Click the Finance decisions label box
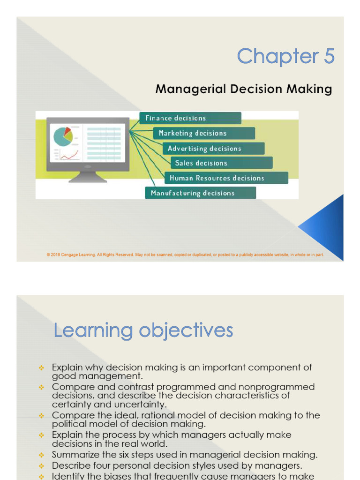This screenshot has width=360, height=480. point(190,118)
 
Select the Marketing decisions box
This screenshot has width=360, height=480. point(204,133)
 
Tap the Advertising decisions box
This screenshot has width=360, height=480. point(214,149)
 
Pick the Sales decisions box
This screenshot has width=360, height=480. point(221,163)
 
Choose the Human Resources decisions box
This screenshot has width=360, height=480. point(226,178)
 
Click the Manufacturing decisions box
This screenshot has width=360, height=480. point(200,193)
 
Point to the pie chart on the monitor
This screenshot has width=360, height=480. point(63,136)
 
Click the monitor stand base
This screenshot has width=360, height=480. point(88,179)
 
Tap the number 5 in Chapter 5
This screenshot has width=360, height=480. point(327,57)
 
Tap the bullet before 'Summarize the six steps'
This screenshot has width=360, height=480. point(41,455)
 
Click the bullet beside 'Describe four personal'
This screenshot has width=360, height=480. point(41,466)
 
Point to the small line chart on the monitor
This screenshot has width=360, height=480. point(69,155)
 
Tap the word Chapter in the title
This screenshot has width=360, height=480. point(271,57)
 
